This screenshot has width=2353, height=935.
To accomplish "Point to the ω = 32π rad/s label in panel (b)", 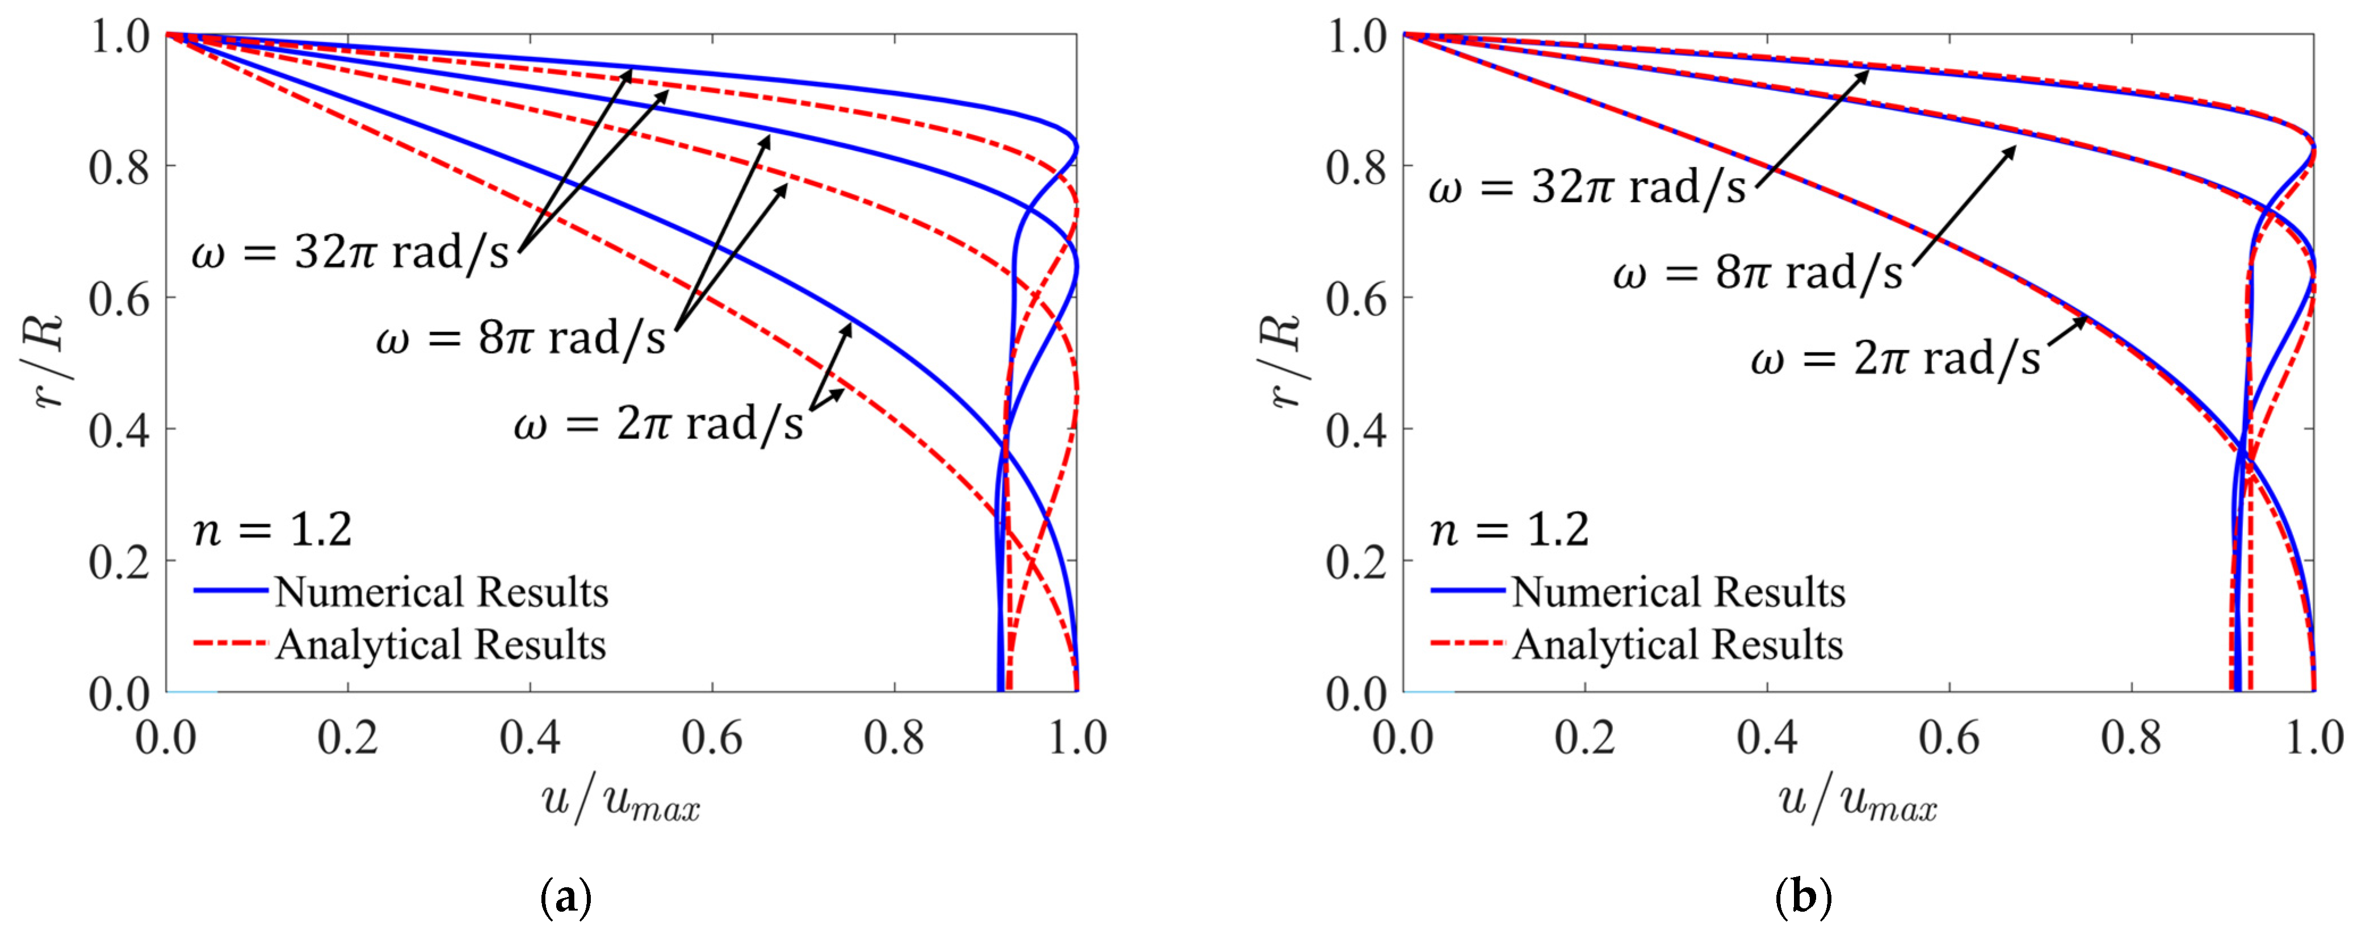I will [1587, 188].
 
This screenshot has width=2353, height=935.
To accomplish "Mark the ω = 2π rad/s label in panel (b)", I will [1896, 358].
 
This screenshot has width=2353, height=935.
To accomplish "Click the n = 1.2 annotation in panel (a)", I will [272, 530].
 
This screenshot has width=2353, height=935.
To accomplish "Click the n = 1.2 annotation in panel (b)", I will [1509, 530].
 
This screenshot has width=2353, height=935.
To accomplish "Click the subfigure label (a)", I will [566, 899].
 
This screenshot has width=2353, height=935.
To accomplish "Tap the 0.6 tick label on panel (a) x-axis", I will [712, 737].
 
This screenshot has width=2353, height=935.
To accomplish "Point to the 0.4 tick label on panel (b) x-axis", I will [1767, 737].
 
